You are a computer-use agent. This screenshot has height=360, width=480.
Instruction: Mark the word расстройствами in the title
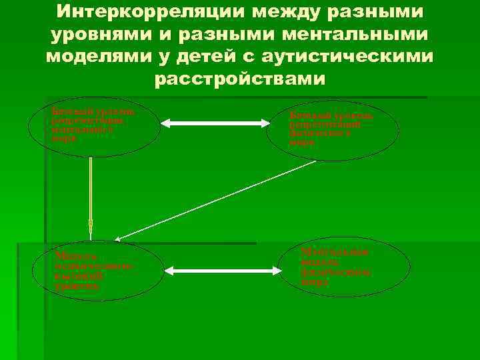[x=240, y=79]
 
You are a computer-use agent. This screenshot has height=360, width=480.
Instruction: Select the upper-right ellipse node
[x=332, y=131]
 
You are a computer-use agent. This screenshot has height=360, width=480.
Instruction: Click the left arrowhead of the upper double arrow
[x=165, y=123]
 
